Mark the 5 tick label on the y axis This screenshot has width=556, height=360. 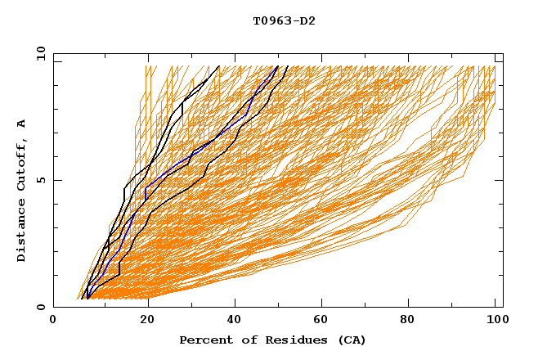pos(40,180)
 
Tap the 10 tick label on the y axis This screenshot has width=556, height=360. pos(38,53)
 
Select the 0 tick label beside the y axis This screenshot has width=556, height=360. pos(40,307)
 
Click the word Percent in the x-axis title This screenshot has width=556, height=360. pos(203,340)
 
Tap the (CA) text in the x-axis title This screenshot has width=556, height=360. pos(352,340)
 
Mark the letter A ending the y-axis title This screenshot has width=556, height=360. pos(22,123)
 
